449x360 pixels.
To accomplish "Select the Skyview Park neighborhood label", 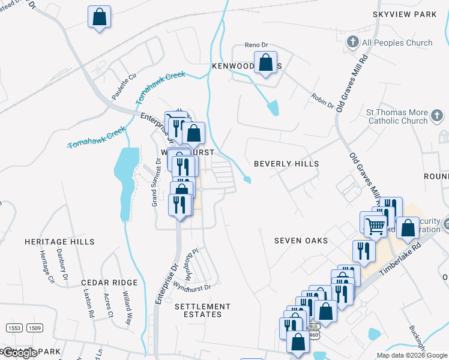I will (x=405, y=14).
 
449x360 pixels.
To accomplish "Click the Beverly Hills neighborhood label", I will (x=286, y=163).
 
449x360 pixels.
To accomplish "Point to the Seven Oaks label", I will (x=301, y=241).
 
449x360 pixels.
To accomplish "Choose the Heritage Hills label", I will (x=59, y=242).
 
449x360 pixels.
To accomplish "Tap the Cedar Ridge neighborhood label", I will (x=110, y=283).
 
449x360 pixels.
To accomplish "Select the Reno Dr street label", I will (x=255, y=46).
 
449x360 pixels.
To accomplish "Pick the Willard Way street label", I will (x=127, y=305).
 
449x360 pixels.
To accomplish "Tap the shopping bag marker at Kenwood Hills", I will (x=265, y=62).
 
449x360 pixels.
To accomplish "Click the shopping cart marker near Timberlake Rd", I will (x=375, y=226).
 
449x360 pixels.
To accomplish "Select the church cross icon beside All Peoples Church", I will (x=353, y=43).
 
